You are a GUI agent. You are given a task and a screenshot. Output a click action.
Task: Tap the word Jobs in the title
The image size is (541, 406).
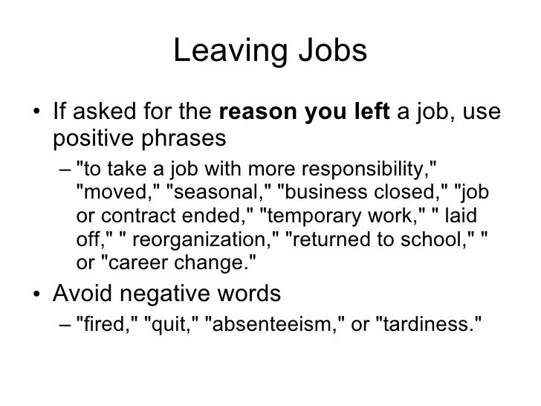tap(329, 52)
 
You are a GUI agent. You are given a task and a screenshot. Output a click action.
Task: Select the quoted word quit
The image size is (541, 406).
tap(167, 324)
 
